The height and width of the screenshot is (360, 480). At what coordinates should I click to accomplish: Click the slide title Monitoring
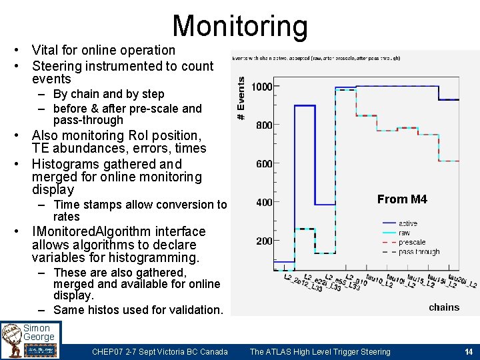(x=240, y=26)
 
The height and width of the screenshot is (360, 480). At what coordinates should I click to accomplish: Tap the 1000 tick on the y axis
(x=261, y=87)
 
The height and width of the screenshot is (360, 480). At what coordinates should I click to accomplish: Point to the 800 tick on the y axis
(x=263, y=125)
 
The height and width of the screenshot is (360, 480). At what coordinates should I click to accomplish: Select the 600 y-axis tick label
(x=263, y=164)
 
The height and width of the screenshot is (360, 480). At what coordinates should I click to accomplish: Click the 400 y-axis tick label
(x=263, y=203)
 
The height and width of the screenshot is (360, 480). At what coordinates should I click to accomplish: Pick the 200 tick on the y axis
(x=263, y=241)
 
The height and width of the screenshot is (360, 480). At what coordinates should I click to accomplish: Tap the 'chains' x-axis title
(x=444, y=307)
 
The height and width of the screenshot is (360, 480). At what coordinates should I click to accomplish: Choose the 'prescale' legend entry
(x=412, y=242)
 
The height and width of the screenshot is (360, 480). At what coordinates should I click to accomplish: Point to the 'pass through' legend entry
(x=419, y=252)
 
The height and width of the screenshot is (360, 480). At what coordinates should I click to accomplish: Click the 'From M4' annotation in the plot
(x=402, y=199)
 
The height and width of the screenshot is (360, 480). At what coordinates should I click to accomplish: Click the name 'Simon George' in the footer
(x=39, y=333)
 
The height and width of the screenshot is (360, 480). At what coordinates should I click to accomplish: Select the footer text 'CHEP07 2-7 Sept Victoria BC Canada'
(x=160, y=352)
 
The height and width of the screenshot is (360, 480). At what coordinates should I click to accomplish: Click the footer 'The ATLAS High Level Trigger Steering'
(x=320, y=352)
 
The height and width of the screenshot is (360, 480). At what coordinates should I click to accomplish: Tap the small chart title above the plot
(x=316, y=59)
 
